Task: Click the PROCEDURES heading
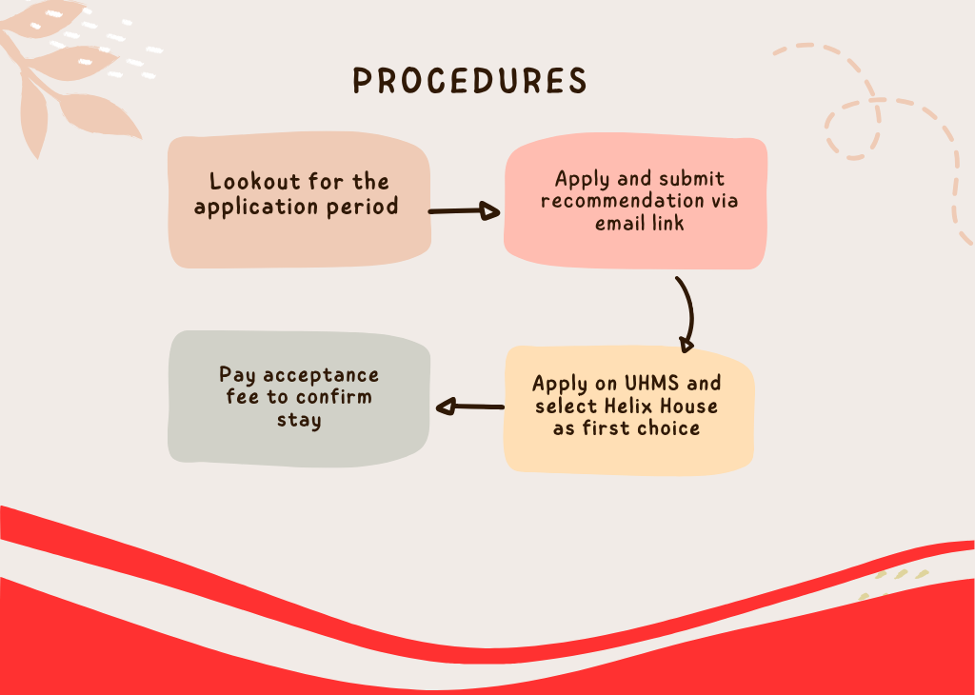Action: (x=469, y=81)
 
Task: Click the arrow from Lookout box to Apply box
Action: (x=465, y=211)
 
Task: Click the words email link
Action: (x=640, y=225)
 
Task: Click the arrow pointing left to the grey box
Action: (x=469, y=407)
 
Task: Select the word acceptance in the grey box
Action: (x=321, y=375)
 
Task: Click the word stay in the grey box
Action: (x=298, y=421)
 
